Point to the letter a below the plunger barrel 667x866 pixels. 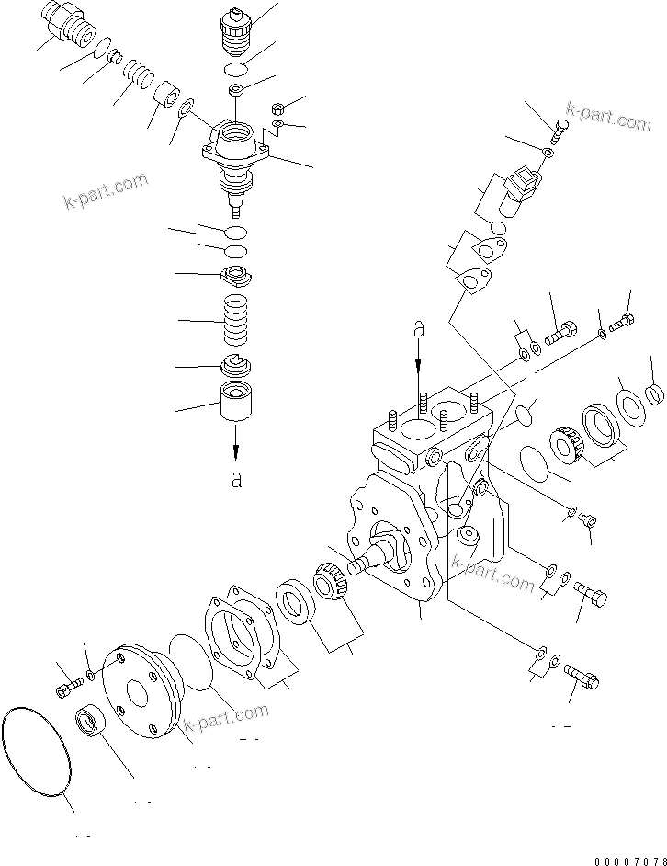[236, 479]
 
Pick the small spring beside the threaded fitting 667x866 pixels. [137, 73]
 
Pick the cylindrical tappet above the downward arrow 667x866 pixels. [237, 404]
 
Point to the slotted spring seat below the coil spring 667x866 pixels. [237, 364]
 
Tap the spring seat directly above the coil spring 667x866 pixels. [236, 275]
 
